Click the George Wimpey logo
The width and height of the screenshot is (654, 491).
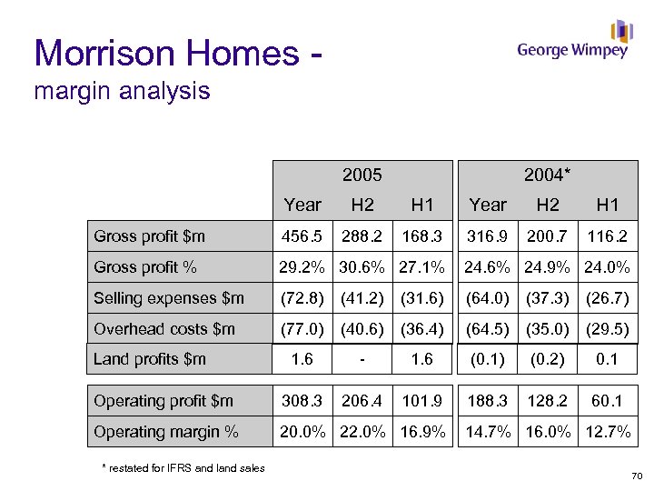coord(573,42)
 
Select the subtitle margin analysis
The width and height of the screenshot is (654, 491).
coord(122,91)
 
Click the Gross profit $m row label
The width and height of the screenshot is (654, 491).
coord(150,236)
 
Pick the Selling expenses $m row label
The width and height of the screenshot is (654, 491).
coord(169,298)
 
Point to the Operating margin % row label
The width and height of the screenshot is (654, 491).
coord(166,432)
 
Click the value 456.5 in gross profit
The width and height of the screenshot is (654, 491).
coord(302,236)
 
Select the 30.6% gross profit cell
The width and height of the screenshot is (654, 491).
coord(362,267)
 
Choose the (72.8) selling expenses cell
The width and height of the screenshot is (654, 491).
coord(302,298)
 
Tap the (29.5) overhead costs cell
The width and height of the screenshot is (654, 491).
coord(608,328)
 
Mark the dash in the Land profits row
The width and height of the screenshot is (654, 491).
coord(362,359)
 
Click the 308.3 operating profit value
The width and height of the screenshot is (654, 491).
coord(302,401)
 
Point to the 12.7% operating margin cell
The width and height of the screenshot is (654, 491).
coord(608,432)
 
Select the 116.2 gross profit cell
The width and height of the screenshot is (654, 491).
coord(608,236)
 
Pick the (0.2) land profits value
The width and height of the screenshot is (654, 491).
coord(547,359)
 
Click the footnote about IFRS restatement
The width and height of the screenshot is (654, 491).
coord(183,468)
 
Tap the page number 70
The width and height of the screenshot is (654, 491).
coord(636,476)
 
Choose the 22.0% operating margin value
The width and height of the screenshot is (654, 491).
coord(362,432)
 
